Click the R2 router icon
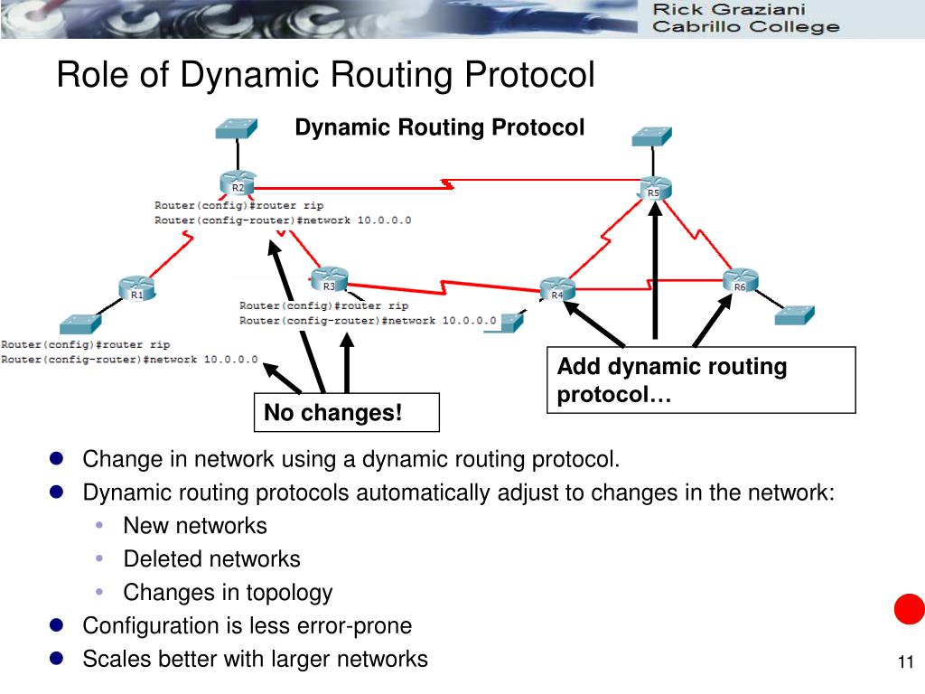click(x=237, y=184)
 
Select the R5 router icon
click(x=653, y=189)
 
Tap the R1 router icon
click(x=136, y=290)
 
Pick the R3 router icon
click(x=329, y=281)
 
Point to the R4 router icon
click(x=557, y=289)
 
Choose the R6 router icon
click(x=740, y=282)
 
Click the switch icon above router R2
click(x=237, y=128)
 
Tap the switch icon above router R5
click(x=652, y=136)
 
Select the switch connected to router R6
click(x=795, y=315)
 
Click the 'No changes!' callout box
click(x=346, y=412)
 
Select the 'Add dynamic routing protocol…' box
click(x=701, y=380)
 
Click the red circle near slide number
click(x=909, y=609)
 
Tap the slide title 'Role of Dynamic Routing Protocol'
click(x=325, y=74)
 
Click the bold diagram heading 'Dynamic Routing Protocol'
click(x=440, y=127)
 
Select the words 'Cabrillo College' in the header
click(x=745, y=27)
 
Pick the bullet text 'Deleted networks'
click(x=211, y=559)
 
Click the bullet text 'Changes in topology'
click(x=228, y=593)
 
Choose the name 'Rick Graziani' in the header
click(x=729, y=10)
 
